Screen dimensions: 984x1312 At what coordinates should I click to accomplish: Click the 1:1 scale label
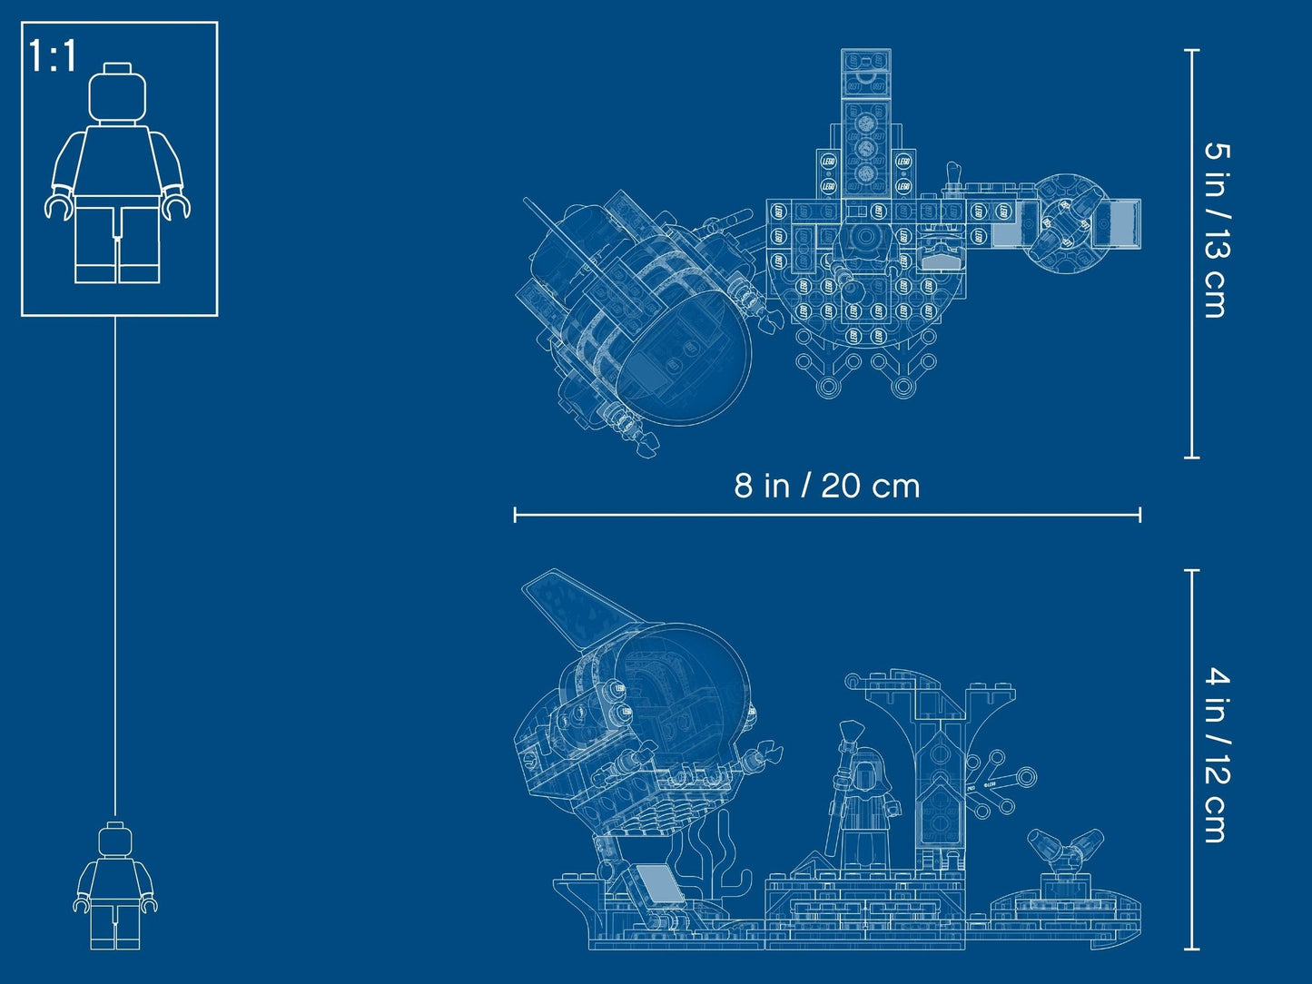pyautogui.click(x=53, y=56)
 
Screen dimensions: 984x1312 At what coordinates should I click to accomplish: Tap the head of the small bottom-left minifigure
pyautogui.click(x=114, y=839)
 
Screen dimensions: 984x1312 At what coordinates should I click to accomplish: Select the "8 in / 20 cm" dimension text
pyautogui.click(x=826, y=486)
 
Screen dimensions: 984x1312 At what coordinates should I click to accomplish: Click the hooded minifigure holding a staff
pyautogui.click(x=866, y=803)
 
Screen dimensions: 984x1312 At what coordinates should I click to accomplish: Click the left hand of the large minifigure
pyautogui.click(x=59, y=207)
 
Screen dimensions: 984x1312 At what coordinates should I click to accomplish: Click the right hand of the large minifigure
pyautogui.click(x=176, y=207)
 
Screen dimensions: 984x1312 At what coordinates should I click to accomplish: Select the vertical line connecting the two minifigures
pyautogui.click(x=115, y=563)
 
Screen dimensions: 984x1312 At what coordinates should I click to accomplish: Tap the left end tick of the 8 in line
pyautogui.click(x=515, y=515)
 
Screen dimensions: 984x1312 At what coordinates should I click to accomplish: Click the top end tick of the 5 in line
pyautogui.click(x=1192, y=51)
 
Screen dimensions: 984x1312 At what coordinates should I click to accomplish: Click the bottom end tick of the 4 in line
pyautogui.click(x=1192, y=950)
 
